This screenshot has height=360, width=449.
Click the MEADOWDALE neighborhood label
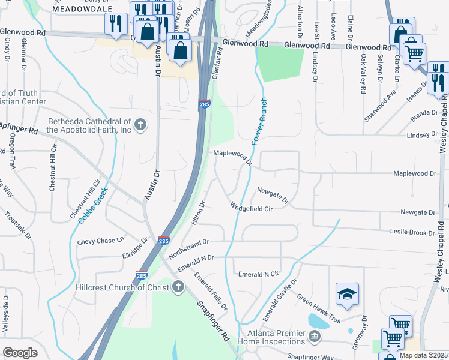click(82, 10)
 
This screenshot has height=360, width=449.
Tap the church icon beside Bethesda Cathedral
click(140, 125)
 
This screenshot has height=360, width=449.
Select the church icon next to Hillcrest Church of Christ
click(178, 287)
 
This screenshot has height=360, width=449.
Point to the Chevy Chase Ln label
click(100, 241)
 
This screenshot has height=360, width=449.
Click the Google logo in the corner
click(20, 352)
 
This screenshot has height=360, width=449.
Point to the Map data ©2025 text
click(423, 355)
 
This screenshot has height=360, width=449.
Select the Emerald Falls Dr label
click(210, 290)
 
